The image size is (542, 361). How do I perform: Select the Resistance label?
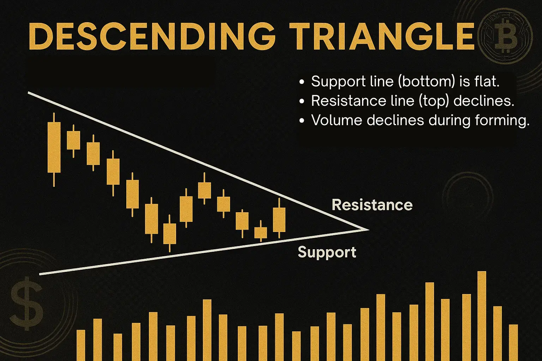[372, 205]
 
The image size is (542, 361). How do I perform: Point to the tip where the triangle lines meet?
[369, 230]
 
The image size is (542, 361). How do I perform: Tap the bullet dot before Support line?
[301, 82]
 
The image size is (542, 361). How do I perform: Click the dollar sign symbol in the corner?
[27, 304]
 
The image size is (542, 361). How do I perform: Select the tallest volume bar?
[482, 316]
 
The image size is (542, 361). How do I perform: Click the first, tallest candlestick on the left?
[54, 150]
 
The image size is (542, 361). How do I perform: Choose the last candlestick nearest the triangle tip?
[279, 218]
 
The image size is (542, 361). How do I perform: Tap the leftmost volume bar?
[81, 345]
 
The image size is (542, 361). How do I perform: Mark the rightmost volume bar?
[513, 343]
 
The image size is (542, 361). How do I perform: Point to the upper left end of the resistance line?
[28, 93]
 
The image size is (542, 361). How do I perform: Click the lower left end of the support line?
[40, 274]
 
